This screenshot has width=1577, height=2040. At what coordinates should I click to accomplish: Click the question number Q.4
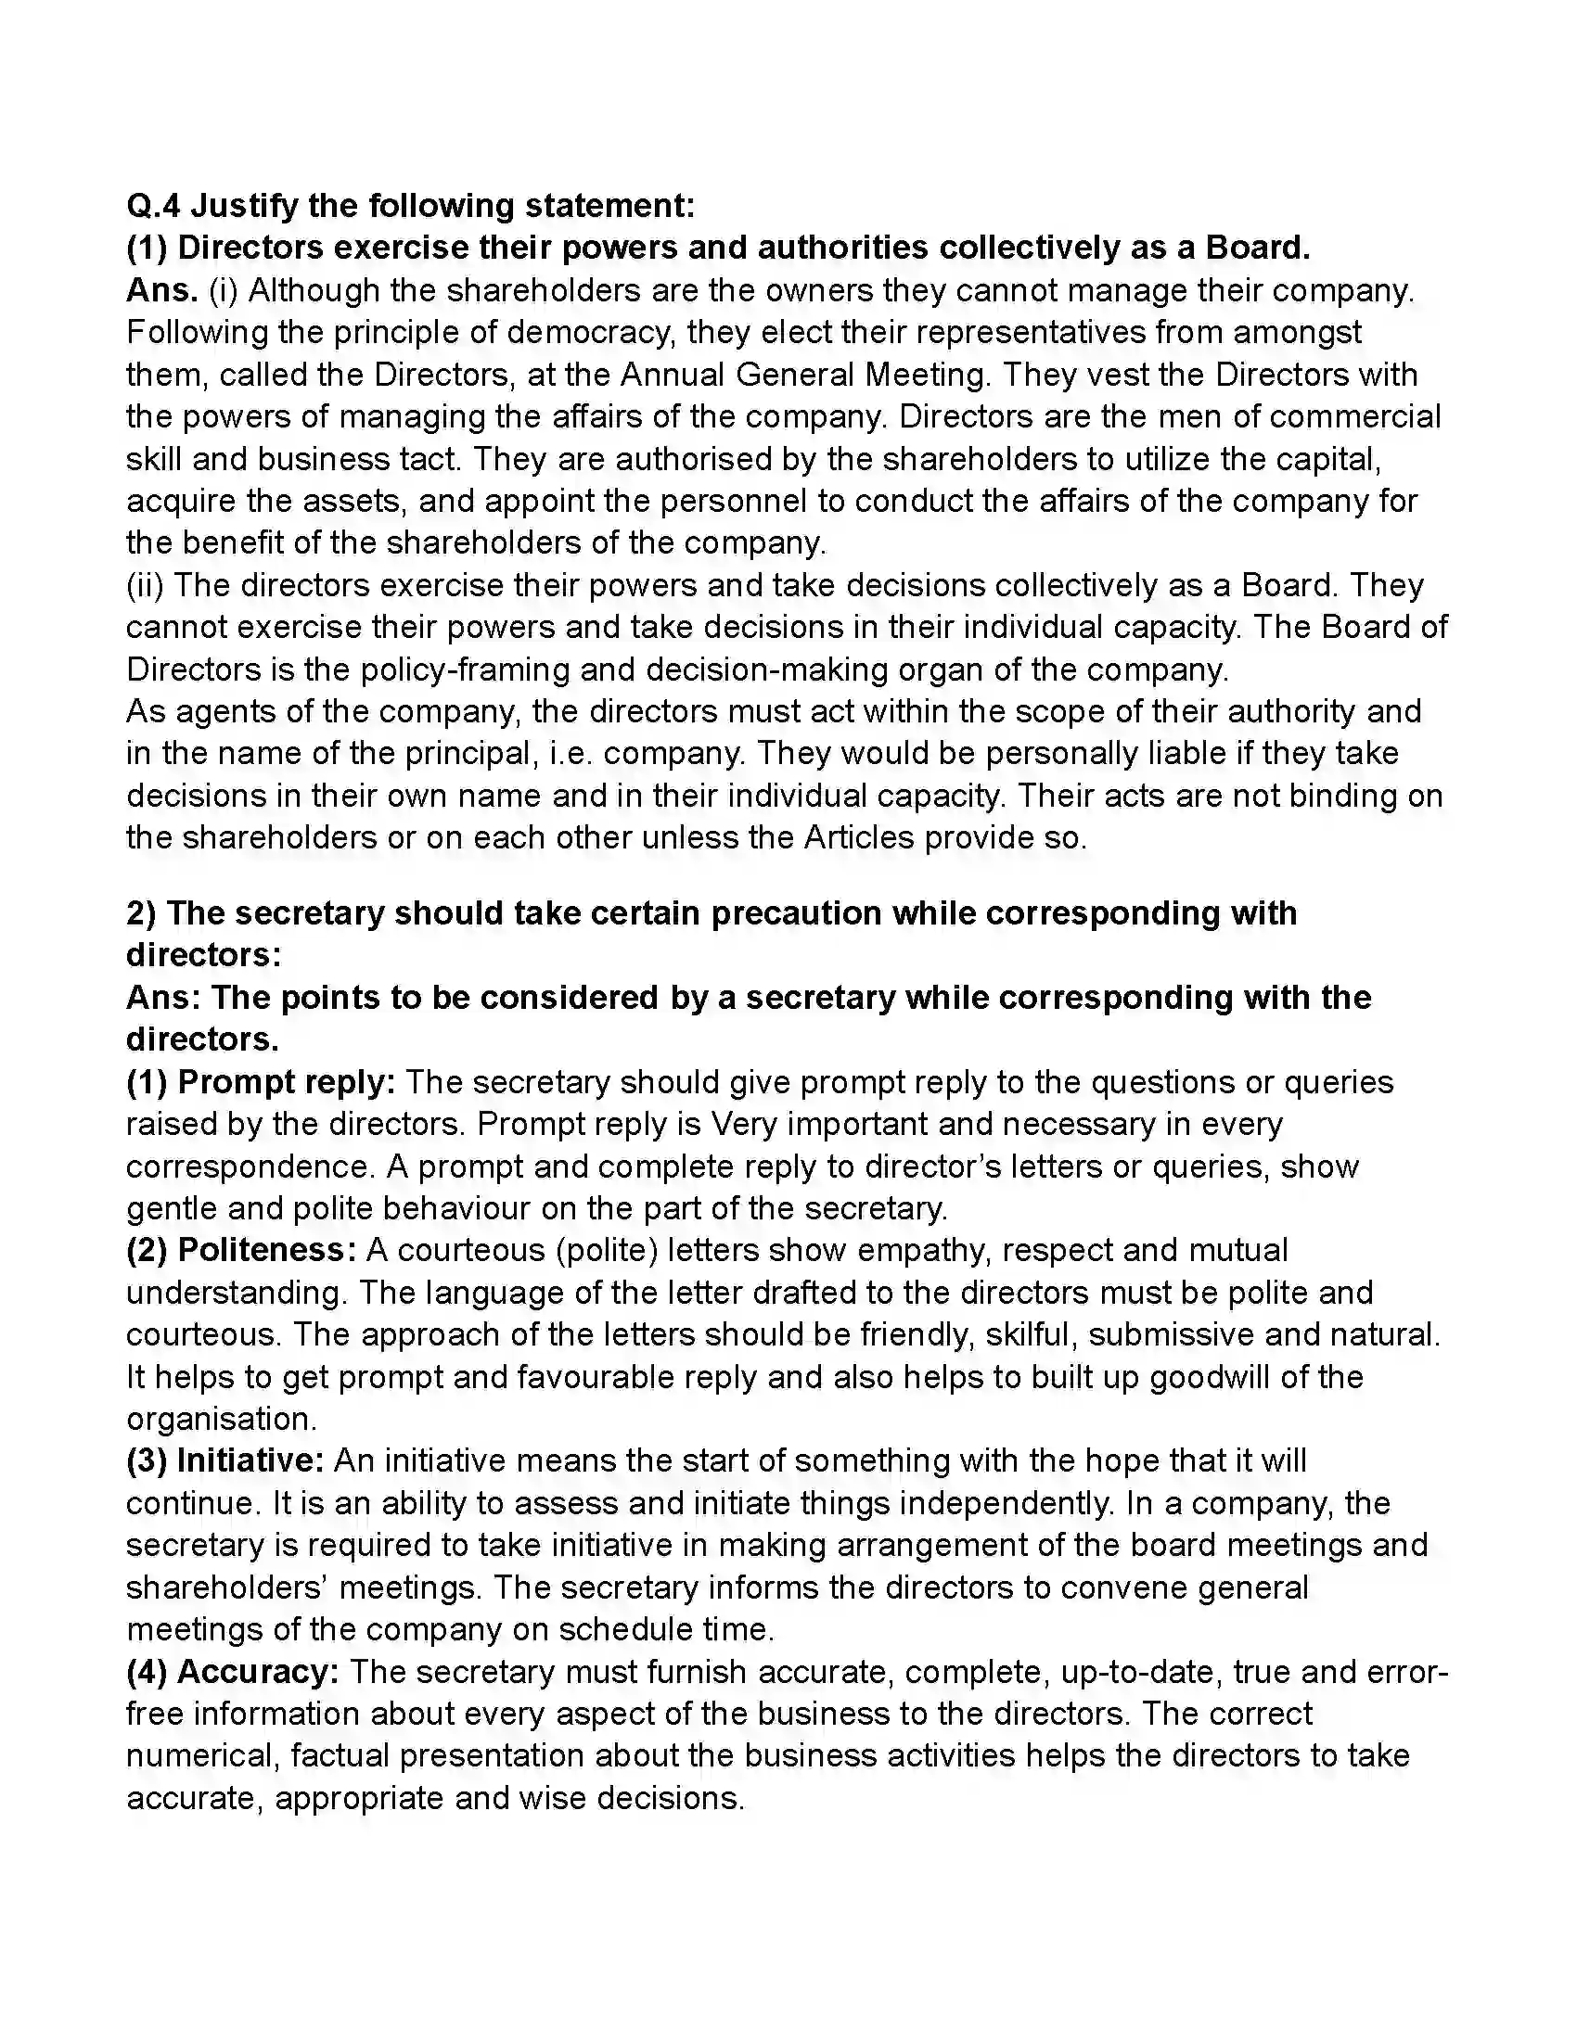(x=154, y=206)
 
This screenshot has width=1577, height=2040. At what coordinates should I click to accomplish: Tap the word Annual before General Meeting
(x=673, y=375)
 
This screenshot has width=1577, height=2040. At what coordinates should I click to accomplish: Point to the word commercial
(x=1355, y=416)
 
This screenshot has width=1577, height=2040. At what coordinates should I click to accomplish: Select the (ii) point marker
(x=146, y=586)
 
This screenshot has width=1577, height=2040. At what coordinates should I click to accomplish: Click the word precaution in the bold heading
(x=796, y=913)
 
